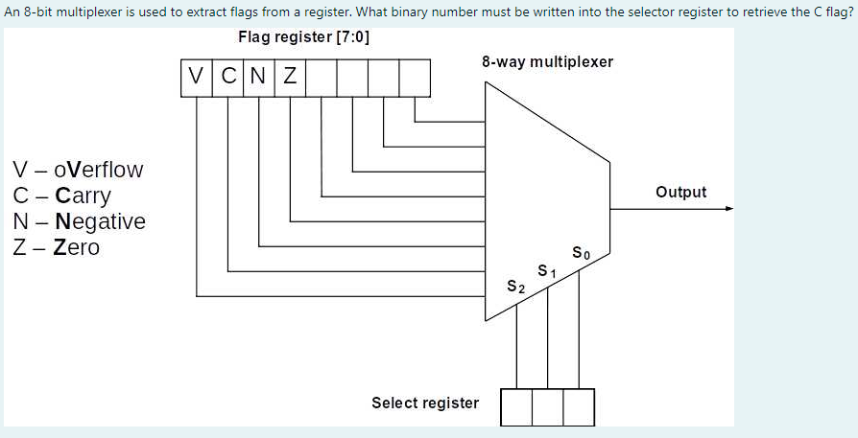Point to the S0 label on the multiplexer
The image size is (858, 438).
pos(580,254)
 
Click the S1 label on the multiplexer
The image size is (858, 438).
pos(547,270)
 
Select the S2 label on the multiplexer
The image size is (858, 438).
pos(515,287)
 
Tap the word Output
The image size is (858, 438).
pos(680,192)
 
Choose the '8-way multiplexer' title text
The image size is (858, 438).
pos(547,61)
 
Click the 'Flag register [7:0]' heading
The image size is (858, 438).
pos(304,37)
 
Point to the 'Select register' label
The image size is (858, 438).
pos(425,403)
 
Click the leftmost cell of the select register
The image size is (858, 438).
pos(516,407)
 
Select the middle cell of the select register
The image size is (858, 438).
pos(547,407)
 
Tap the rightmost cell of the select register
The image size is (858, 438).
pos(579,407)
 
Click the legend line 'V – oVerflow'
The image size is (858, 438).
pos(78,170)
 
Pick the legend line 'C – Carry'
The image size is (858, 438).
pos(61,196)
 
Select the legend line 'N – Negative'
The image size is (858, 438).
pos(79,221)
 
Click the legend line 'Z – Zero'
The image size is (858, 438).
pos(56,247)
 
